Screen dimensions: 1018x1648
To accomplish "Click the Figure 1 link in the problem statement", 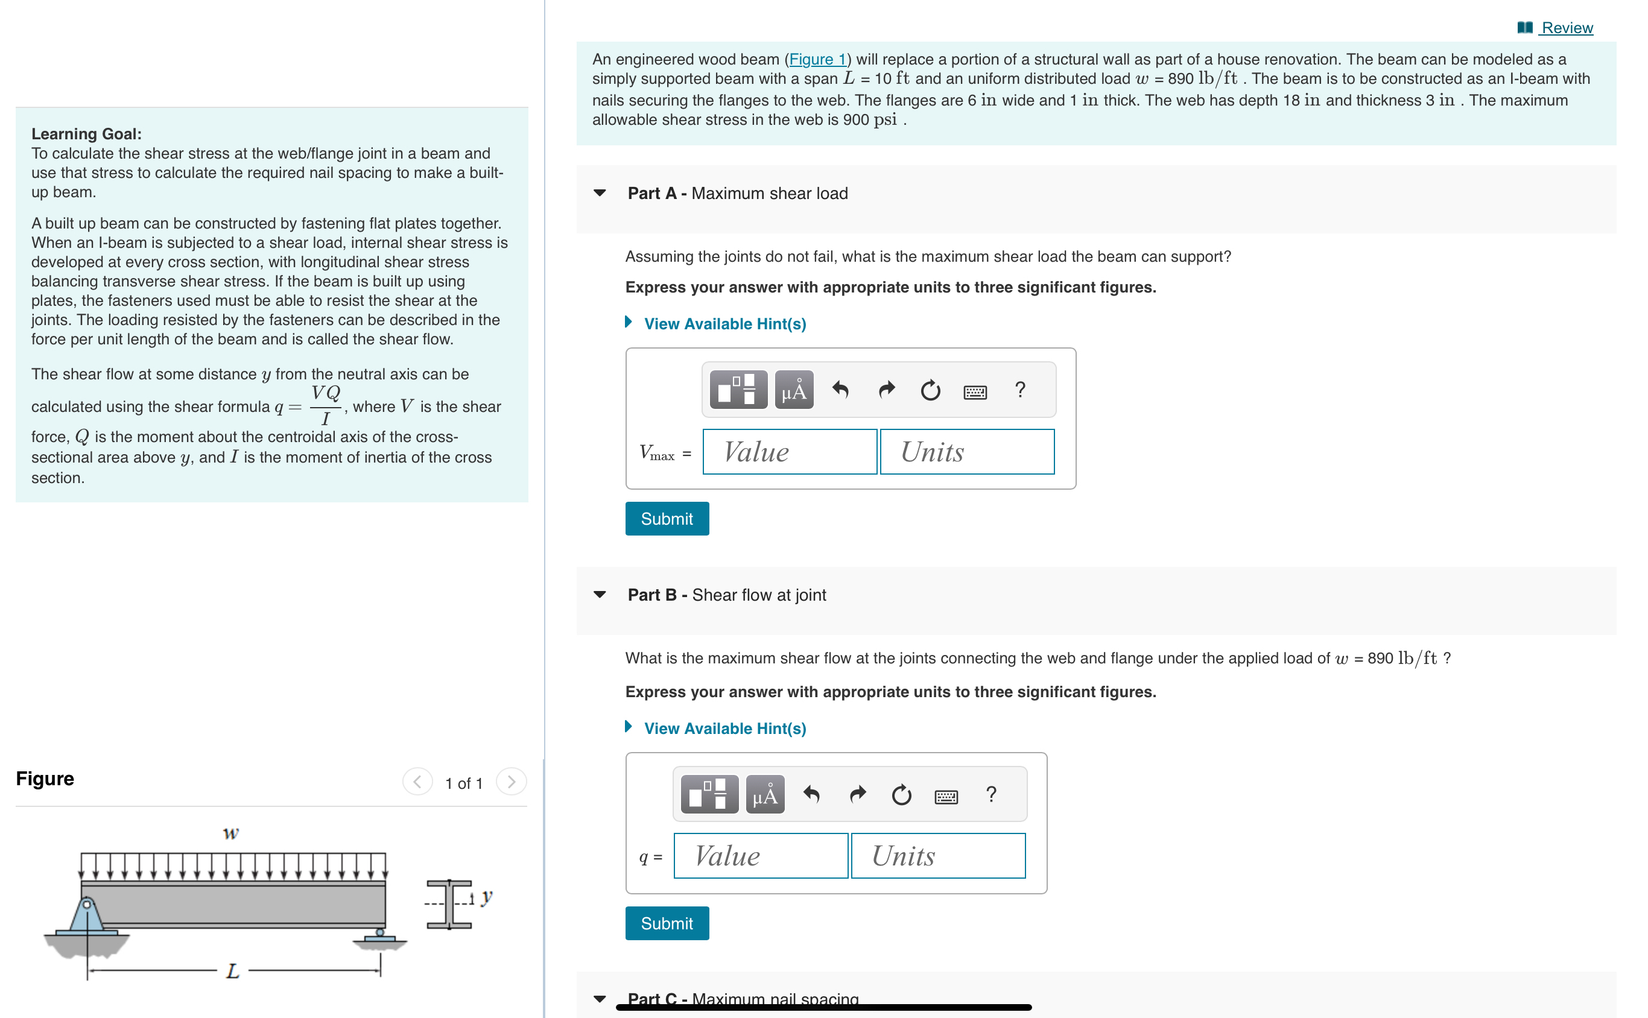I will tap(817, 60).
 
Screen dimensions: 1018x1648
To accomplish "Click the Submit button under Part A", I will tap(666, 519).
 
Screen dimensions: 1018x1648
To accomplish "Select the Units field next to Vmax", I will tap(966, 452).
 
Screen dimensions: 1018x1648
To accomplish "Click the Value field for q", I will tap(759, 856).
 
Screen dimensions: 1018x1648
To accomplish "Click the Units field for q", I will tap(937, 856).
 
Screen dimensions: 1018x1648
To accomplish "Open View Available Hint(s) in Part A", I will tap(724, 324).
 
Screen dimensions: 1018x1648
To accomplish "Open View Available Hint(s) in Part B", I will tap(724, 729).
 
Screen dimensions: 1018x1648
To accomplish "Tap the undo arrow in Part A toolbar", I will tap(840, 390).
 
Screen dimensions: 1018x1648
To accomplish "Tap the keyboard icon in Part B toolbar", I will tap(946, 797).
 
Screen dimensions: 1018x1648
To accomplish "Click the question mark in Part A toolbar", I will tap(1019, 390).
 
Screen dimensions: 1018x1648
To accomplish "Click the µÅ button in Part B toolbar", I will tap(764, 795).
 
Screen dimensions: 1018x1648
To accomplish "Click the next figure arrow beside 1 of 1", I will tap(510, 782).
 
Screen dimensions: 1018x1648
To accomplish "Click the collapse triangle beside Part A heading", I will tap(600, 193).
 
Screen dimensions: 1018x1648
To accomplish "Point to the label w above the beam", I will tap(230, 833).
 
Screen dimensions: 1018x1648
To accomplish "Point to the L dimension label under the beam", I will tap(232, 970).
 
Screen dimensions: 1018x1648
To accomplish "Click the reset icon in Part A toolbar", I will tap(930, 390).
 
